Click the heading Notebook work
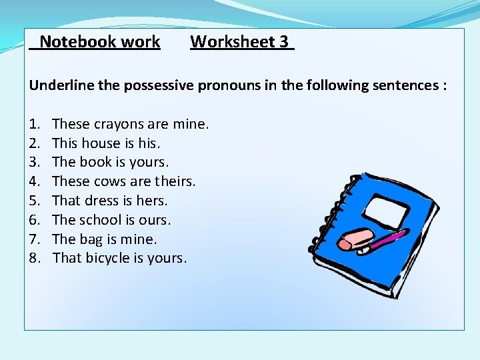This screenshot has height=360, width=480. point(99,42)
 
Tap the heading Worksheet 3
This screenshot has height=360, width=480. point(240,42)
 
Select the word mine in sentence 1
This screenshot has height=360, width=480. point(190,124)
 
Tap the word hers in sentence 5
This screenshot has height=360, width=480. point(153,201)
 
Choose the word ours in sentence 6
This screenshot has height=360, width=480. point(155,220)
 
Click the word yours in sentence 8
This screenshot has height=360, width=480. point(168,258)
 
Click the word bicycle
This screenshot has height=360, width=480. point(110,258)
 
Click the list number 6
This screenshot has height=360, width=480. point(34,220)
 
